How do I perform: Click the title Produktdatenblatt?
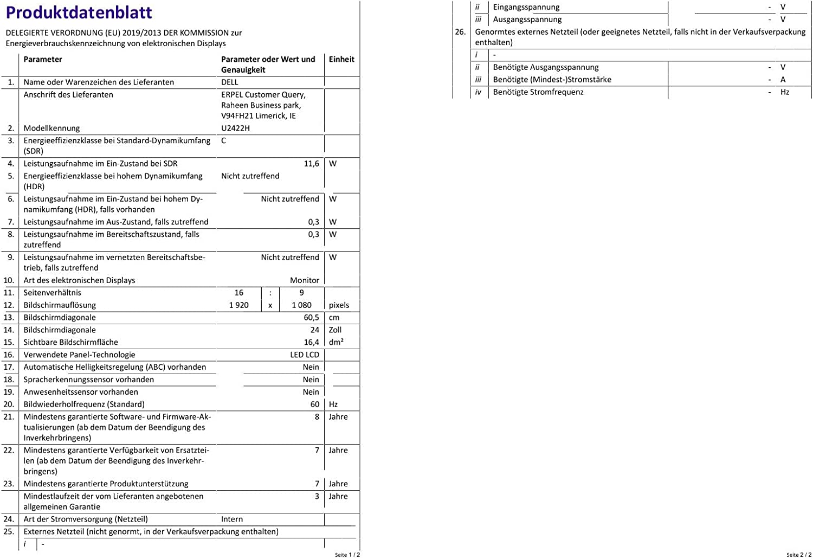[x=79, y=12]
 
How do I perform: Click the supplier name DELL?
[x=230, y=82]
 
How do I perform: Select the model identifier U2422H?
[x=235, y=128]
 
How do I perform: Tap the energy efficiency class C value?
[x=224, y=141]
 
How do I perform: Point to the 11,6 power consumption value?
[x=311, y=164]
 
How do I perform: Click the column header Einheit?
[x=341, y=60]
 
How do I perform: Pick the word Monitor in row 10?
[x=304, y=280]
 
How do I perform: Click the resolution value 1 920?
[x=238, y=305]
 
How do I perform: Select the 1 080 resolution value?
[x=301, y=305]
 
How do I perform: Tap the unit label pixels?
[x=339, y=305]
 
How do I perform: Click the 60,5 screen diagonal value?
[x=311, y=318]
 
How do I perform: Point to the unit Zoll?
[x=335, y=330]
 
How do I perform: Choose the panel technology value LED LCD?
[x=305, y=355]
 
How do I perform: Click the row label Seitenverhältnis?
[x=53, y=293]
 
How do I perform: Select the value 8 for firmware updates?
[x=317, y=417]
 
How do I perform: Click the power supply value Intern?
[x=232, y=519]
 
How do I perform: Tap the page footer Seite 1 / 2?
[x=347, y=555]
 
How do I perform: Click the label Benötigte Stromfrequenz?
[x=538, y=92]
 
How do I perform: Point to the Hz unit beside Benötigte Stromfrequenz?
[x=785, y=92]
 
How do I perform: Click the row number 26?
[x=460, y=32]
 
